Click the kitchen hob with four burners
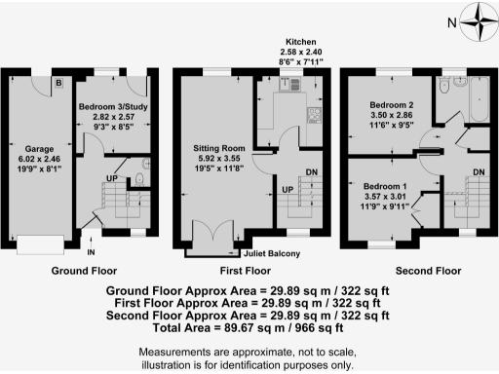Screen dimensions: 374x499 tap(315, 116)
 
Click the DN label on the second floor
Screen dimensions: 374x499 tap(479, 172)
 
